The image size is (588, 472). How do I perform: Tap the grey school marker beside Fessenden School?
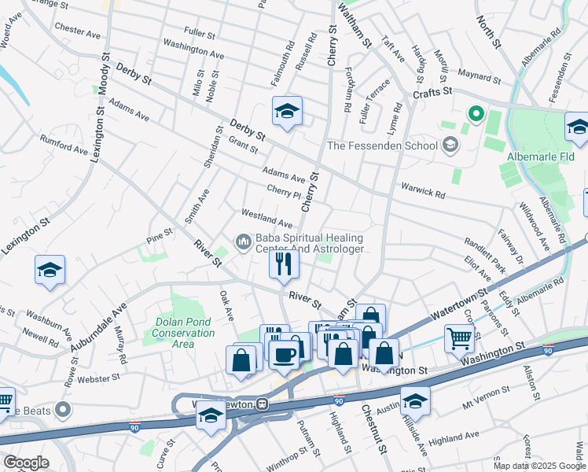coord(450,144)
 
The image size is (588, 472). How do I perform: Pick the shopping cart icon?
coord(460,339)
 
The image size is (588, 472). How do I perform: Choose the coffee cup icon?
coord(284,353)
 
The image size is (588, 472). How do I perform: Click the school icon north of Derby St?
coord(287,112)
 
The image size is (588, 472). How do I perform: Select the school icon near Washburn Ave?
coord(50,271)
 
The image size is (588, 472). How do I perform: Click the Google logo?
coord(26,463)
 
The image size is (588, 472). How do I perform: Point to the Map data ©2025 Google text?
coord(539,466)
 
